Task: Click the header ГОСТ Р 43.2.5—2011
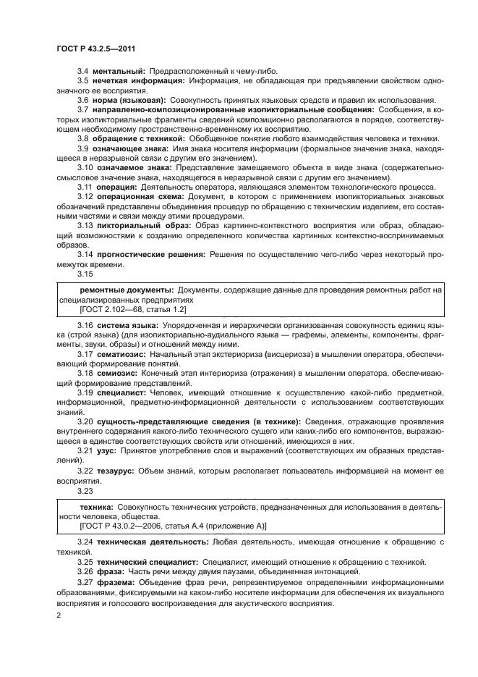click(97, 49)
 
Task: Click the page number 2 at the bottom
click(59, 615)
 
